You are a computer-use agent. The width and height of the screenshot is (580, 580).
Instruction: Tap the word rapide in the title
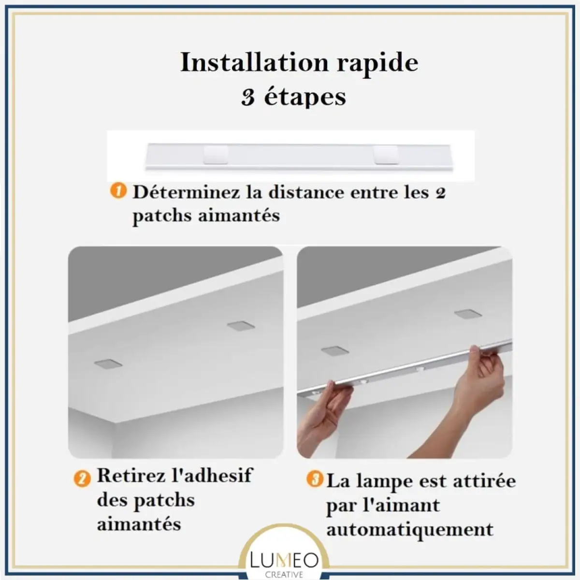377,64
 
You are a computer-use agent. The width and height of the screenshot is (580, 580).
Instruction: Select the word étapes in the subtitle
305,98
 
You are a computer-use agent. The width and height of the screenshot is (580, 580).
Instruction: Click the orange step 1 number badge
118,191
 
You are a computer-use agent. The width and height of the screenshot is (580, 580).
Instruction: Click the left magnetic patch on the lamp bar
216,155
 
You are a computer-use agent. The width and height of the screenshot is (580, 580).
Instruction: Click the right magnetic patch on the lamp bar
387,155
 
